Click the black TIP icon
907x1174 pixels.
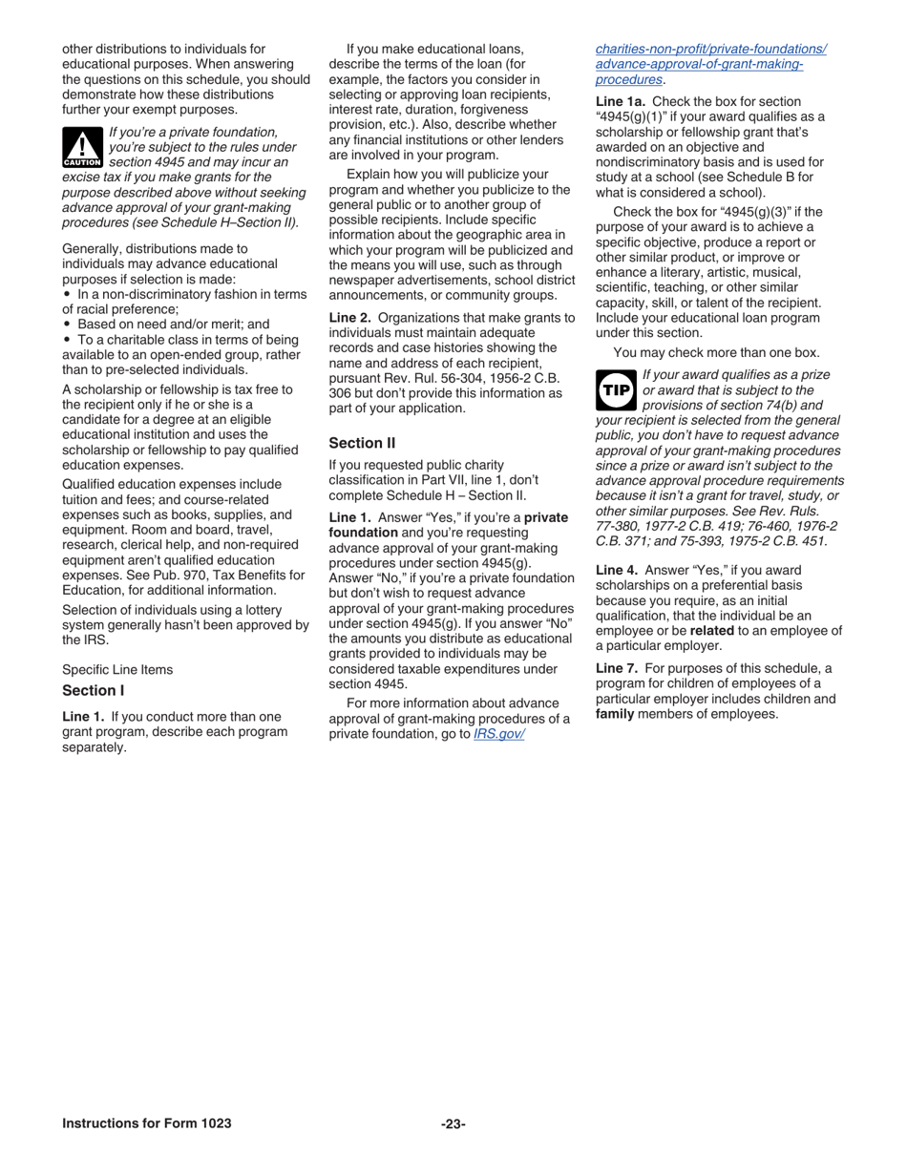pyautogui.click(x=616, y=390)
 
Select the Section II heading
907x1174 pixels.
pyautogui.click(x=362, y=443)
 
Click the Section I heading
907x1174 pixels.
pyautogui.click(x=94, y=690)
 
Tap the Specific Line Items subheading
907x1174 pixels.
pyautogui.click(x=117, y=670)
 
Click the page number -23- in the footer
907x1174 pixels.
pyautogui.click(x=453, y=1124)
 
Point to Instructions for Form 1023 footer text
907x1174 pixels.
pyautogui.click(x=146, y=1124)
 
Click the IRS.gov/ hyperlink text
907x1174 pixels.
pyautogui.click(x=499, y=735)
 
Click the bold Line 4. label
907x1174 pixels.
pyautogui.click(x=617, y=570)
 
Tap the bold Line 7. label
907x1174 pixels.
pyautogui.click(x=617, y=668)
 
